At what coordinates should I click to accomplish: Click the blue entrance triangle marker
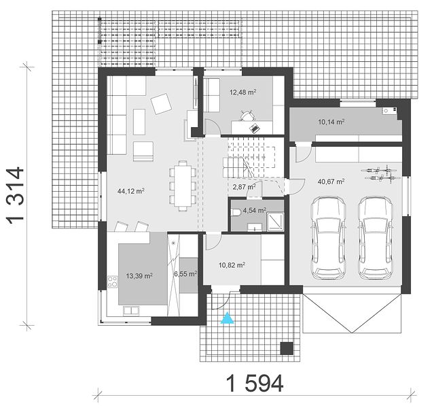(x=228, y=318)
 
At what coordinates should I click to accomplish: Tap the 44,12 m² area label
(x=131, y=191)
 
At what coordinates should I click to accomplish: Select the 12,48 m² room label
(x=243, y=92)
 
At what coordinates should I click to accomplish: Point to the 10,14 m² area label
(x=331, y=122)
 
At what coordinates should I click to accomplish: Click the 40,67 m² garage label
(x=331, y=182)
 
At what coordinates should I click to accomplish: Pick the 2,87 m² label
(x=244, y=187)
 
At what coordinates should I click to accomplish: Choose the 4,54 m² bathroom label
(x=254, y=211)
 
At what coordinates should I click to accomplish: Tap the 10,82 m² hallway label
(x=232, y=265)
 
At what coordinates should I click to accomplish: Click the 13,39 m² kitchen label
(x=139, y=275)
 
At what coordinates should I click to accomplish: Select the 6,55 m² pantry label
(x=185, y=274)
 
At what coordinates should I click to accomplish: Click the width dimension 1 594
(x=255, y=383)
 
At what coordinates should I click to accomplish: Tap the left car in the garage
(x=328, y=238)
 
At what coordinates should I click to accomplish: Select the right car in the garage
(x=376, y=238)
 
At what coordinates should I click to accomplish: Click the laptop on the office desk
(x=254, y=128)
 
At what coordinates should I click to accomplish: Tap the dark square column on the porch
(x=287, y=348)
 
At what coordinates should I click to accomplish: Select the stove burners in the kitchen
(x=112, y=282)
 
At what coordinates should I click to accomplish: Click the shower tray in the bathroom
(x=275, y=222)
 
